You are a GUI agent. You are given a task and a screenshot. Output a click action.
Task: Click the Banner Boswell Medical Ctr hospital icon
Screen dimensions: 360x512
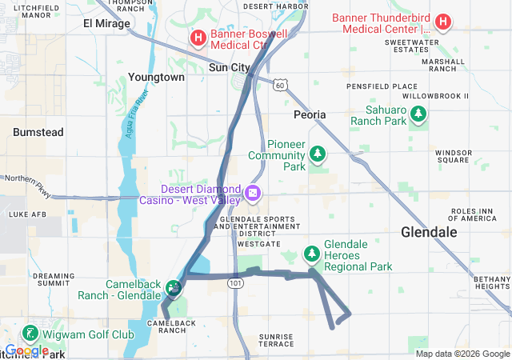197,37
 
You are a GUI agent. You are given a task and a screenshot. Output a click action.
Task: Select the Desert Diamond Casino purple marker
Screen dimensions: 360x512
253,193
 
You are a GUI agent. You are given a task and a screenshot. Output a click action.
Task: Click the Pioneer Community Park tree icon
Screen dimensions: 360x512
318,152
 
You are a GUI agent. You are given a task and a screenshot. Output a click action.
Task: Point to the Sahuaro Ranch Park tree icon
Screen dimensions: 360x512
418,116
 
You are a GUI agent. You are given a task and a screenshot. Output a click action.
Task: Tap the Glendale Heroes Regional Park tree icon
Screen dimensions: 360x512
311,254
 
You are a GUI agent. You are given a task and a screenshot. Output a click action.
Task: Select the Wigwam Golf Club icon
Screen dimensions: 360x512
30,333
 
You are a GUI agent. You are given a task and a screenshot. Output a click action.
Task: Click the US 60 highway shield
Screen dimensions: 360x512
278,84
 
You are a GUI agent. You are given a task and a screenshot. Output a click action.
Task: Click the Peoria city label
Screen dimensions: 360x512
310,115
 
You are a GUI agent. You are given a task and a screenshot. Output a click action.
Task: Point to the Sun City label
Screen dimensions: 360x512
229,68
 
